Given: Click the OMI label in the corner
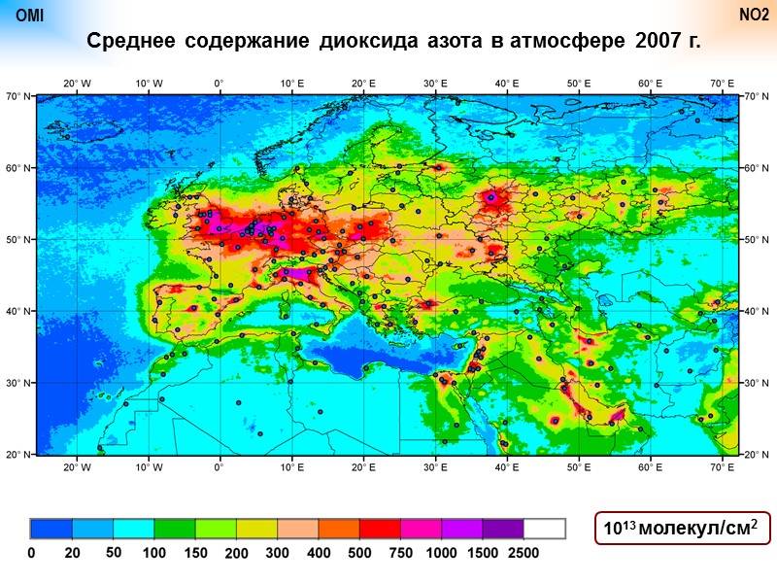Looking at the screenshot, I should pos(30,16).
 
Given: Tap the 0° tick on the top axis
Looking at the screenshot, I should pos(220,84).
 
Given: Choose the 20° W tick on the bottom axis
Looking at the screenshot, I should pos(77,467).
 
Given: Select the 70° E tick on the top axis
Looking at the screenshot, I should pos(721,84).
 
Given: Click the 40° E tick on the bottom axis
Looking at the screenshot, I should pos(506,467).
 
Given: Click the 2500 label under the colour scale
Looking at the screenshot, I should pos(523,552).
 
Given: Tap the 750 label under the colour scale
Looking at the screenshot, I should pos(400,552).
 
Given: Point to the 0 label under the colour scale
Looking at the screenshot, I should pos(31,552).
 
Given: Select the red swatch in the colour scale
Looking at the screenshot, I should pos(380,529).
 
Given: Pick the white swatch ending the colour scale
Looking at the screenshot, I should pos(544,529).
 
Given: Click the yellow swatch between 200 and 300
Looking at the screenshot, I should pos(256,529).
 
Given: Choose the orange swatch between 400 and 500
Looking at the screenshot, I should pos(339,529).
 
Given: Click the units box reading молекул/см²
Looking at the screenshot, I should pos(682,528).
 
